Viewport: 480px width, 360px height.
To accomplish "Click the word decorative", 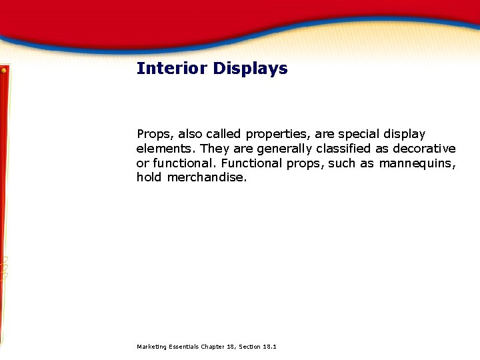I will pos(424,149).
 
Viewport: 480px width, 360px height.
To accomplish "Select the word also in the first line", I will pos(192,135).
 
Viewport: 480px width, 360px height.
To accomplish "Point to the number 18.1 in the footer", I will pos(271,347).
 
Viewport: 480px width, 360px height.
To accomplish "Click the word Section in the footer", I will pos(249,347).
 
